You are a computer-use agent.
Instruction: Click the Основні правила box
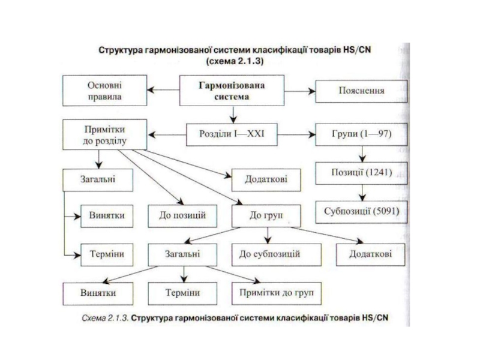[104, 91]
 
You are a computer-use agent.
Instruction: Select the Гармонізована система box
[232, 91]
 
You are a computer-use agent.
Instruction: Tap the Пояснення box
[361, 91]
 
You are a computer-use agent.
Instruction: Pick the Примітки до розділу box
[104, 134]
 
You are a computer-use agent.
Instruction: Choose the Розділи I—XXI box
[232, 134]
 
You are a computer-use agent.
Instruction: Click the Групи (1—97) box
[361, 134]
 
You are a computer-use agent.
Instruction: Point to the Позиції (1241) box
[361, 173]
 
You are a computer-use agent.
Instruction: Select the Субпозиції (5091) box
[361, 212]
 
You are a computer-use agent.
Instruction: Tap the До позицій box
[182, 216]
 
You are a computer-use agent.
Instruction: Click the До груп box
[266, 216]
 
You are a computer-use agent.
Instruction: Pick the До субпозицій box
[277, 254]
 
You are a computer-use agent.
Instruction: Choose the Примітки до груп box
[277, 293]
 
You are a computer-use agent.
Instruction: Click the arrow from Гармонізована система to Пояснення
[299, 91]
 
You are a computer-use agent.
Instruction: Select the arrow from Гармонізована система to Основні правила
[163, 90]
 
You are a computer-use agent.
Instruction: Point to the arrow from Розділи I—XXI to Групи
[296, 134]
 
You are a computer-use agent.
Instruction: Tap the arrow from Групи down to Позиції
[362, 154]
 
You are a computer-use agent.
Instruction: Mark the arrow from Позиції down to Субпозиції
[362, 193]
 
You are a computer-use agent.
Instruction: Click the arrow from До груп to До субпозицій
[268, 236]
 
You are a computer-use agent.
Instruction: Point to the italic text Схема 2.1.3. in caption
[104, 318]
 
